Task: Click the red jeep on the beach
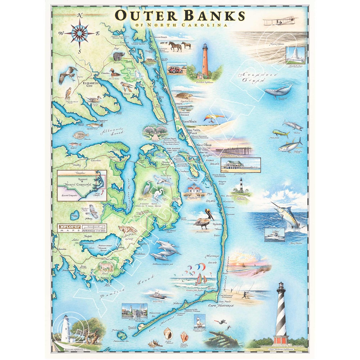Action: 176,70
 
